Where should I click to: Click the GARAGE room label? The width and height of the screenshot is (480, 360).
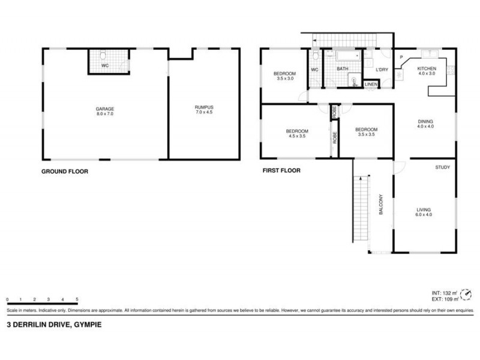(105, 110)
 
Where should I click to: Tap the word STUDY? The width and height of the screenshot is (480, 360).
(443, 167)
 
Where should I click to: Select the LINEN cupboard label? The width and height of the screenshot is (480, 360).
(371, 85)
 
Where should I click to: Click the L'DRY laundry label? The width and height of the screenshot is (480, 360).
(382, 70)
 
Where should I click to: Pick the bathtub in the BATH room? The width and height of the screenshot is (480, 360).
(341, 56)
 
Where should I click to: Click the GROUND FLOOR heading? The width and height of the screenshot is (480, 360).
(64, 171)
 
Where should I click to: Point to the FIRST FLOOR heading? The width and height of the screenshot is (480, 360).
(281, 170)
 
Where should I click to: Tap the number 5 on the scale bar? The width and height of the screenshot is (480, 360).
(77, 299)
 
